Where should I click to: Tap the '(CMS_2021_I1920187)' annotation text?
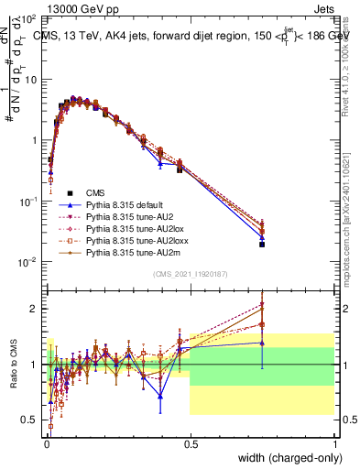pyautogui.click(x=191, y=273)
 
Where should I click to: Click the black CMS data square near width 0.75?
pyautogui.click(x=262, y=245)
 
